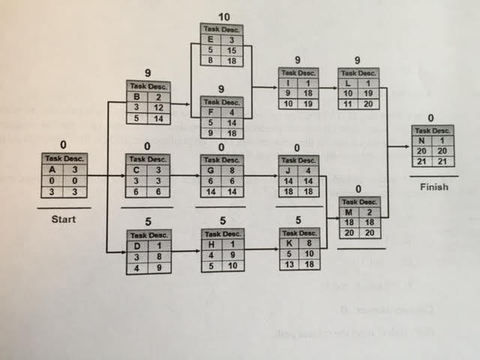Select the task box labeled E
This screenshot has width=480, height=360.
pos(220,46)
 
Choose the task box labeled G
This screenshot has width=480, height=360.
pos(220,175)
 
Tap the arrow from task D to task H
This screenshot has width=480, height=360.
pos(184,255)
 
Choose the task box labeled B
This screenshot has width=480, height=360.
pos(147,102)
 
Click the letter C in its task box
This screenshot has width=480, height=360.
pos(136,170)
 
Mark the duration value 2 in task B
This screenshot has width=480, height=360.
pos(159,97)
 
